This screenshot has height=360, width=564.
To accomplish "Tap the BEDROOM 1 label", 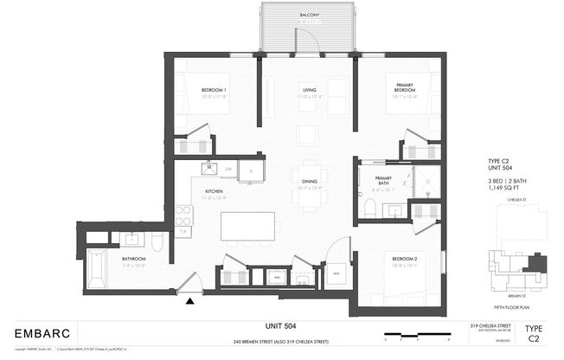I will click(214, 90).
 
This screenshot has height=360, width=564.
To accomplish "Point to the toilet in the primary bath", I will click(370, 208).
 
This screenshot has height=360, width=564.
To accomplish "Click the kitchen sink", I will click(208, 168).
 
